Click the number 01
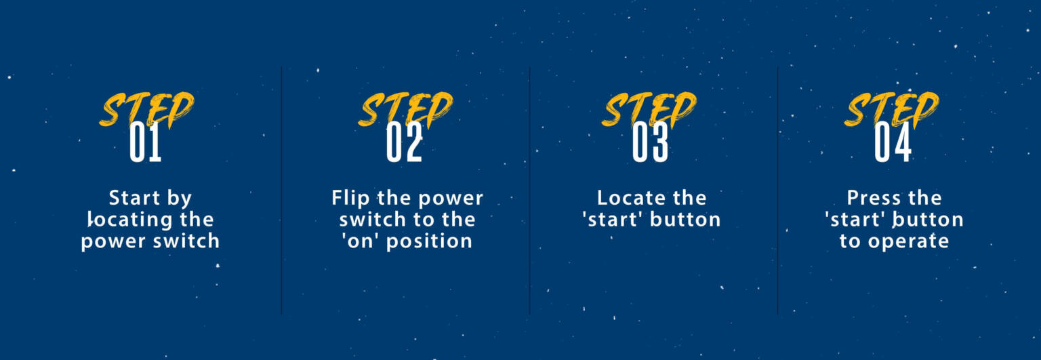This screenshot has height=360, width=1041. [146, 142]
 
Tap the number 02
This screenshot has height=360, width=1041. [405, 142]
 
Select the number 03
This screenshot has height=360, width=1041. [650, 142]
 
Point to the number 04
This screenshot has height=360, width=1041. [893, 142]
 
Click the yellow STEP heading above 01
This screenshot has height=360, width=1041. [146, 110]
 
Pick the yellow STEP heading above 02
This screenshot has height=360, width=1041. [405, 110]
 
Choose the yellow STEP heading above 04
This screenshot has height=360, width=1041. [891, 110]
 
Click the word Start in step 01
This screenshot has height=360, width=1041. [134, 198]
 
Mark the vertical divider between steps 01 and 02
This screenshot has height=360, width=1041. [281, 191]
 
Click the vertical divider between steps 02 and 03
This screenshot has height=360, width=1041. [529, 191]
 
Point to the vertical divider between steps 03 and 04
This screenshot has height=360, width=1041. [777, 191]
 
